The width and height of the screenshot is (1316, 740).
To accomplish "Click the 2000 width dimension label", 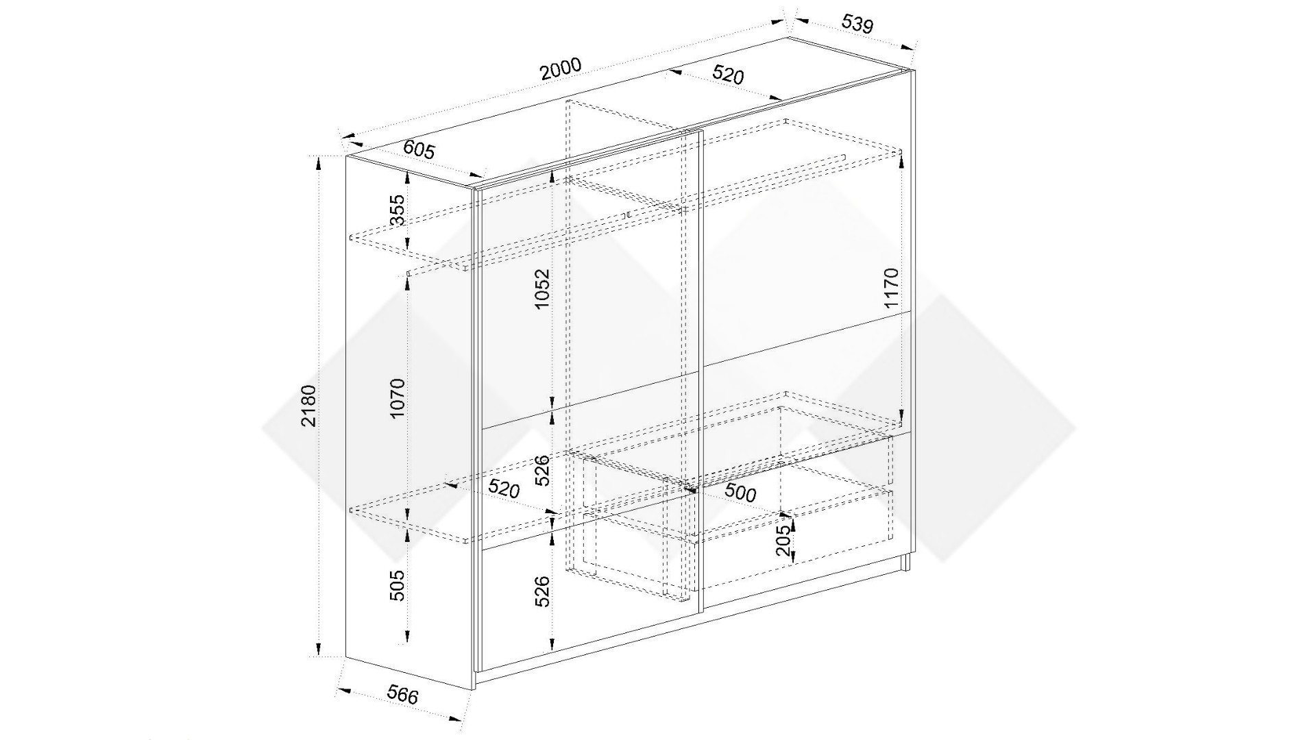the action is (561, 69).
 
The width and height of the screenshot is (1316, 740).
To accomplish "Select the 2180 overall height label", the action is (309, 406).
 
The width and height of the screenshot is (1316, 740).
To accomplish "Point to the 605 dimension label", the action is (419, 149).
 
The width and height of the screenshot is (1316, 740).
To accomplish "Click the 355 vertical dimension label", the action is (397, 210).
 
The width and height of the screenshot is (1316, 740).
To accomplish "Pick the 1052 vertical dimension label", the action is (542, 288).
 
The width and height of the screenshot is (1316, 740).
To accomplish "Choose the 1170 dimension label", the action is (890, 288).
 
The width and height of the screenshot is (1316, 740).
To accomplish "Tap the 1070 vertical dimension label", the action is (398, 398).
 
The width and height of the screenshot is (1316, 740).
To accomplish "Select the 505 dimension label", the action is (398, 586).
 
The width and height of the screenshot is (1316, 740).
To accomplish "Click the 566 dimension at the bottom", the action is (403, 695).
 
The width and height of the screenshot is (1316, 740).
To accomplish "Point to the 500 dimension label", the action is (740, 493).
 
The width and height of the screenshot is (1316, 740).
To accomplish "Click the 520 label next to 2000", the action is (728, 74).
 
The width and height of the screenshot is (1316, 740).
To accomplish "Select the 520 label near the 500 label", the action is (504, 489).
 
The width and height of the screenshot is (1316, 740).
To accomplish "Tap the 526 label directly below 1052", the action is (542, 470).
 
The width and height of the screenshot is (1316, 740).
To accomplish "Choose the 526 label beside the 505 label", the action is (542, 591).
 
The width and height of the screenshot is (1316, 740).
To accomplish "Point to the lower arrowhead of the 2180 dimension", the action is (318, 650).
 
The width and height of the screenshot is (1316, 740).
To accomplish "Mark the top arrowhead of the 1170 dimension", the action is (901, 156).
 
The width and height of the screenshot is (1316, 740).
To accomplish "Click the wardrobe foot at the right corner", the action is (906, 563).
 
